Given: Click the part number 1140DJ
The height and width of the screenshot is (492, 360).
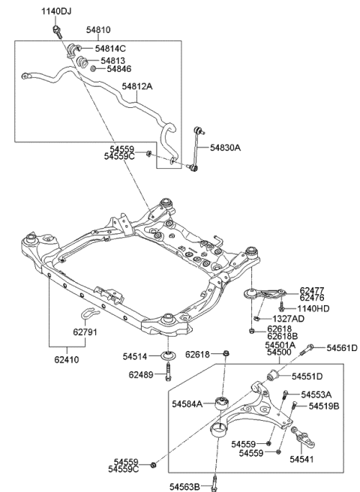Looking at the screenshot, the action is coord(56,11).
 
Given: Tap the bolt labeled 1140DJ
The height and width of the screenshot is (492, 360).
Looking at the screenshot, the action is coord(58,32).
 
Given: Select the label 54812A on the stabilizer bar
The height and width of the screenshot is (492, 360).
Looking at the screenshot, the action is coord(136,86).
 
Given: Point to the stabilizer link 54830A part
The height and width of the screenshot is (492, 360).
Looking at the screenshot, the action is coord(197,148).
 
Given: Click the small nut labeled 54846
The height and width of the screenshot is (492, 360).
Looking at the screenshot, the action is coord(93,68).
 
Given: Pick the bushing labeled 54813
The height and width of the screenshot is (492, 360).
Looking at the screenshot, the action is coord(82,61).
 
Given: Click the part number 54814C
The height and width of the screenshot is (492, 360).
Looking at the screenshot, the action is coord(110,49).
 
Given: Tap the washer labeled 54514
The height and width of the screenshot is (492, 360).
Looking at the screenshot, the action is coord(168,355).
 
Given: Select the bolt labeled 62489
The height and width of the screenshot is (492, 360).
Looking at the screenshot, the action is coord(168,371).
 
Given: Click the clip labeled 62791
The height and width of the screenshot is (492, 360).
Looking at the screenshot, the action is coord(88,314).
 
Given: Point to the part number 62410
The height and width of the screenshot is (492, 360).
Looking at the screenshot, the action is coord(67,359).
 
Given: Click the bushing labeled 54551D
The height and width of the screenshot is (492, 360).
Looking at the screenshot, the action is coord(273,376).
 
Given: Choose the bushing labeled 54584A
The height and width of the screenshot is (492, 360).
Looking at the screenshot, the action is coord(222,403).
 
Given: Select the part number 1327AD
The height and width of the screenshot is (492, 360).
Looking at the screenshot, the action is coord(289,319).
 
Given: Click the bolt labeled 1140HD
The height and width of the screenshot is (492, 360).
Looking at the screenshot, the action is coord(281,307).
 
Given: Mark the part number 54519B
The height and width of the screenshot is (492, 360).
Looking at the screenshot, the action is coord(324,406).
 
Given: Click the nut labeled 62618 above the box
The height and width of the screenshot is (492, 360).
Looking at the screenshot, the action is coord(226,354).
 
